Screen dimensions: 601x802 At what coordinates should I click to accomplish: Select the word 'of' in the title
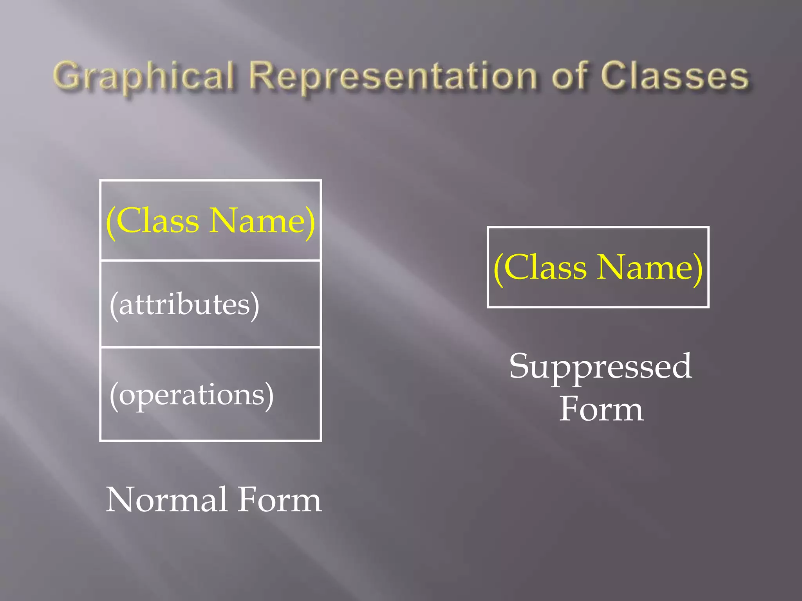click(x=570, y=76)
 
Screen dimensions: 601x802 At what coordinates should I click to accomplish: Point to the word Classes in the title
click(x=674, y=76)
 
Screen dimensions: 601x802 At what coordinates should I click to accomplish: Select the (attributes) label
click(x=184, y=304)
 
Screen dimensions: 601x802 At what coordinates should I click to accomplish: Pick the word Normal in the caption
click(x=167, y=500)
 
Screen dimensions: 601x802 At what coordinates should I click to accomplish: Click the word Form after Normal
click(x=280, y=500)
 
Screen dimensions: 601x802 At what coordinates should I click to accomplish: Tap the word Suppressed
click(x=600, y=367)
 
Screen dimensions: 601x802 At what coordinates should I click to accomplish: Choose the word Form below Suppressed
click(x=601, y=409)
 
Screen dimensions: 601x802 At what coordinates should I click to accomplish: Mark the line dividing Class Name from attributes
click(x=211, y=260)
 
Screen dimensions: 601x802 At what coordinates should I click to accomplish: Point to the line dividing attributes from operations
click(x=211, y=347)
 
